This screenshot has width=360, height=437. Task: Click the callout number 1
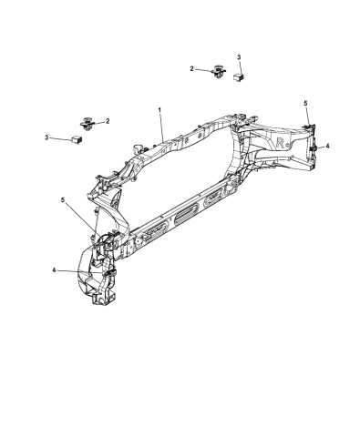coord(159,109)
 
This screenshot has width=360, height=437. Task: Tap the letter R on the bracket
coord(281,143)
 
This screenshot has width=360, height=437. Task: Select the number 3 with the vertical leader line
coord(239,57)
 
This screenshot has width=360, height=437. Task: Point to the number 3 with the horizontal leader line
coord(46,137)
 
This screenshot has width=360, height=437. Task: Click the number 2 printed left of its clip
coord(191,69)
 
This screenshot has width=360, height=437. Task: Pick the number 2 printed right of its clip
coord(108,121)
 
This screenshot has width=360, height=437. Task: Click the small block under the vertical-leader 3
coord(239,77)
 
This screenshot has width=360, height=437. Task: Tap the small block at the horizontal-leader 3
coord(77,140)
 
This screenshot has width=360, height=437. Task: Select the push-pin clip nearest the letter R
coord(218,72)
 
